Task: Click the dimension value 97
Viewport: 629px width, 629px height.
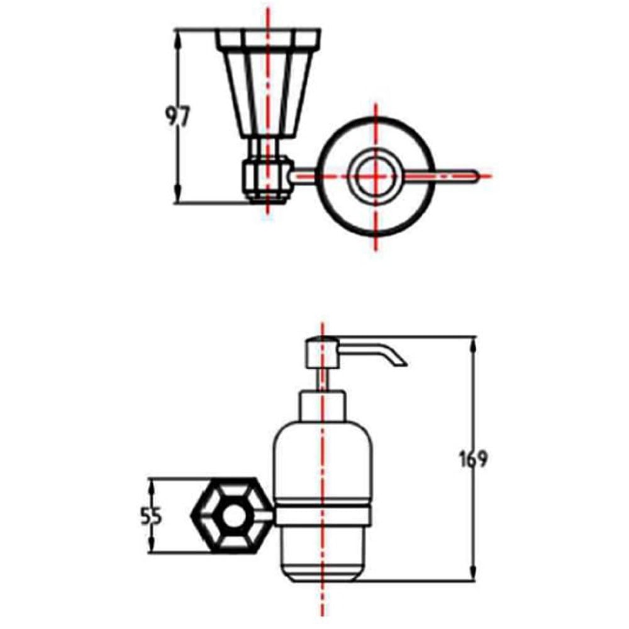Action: [177, 117]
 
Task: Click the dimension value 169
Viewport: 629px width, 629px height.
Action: [474, 459]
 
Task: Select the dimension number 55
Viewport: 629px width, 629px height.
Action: [151, 516]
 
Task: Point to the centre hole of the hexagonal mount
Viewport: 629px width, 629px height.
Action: [233, 516]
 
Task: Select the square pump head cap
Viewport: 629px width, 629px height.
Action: [323, 353]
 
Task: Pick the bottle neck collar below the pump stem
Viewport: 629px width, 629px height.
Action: [322, 406]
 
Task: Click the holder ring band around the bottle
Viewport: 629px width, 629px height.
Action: [323, 516]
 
